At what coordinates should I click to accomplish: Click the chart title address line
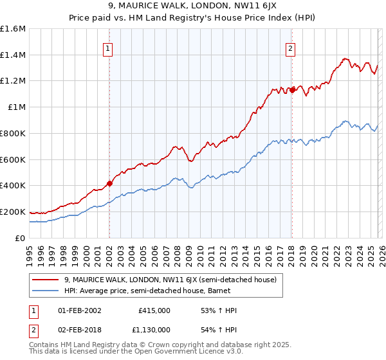[193, 6]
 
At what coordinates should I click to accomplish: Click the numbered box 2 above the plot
[291, 48]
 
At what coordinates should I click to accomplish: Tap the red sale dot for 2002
[109, 183]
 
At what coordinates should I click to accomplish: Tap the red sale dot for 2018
[292, 90]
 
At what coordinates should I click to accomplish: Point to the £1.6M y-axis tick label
[13, 29]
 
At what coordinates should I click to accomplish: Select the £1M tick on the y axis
[17, 107]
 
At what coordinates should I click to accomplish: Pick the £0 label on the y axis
[21, 238]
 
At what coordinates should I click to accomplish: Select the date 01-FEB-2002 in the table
[79, 310]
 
